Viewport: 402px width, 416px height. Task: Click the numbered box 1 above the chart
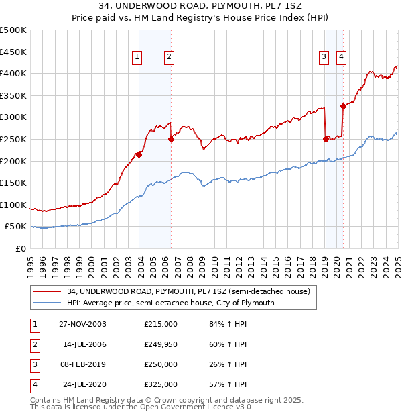[x=137, y=58]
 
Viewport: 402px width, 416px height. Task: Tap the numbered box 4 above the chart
[x=341, y=58]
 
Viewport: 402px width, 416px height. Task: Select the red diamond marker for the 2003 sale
[x=139, y=154]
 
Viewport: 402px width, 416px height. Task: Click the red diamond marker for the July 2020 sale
[x=343, y=106]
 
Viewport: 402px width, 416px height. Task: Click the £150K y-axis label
[x=13, y=183]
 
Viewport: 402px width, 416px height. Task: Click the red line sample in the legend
[x=47, y=292]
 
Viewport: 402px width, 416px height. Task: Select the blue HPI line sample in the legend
[x=47, y=303]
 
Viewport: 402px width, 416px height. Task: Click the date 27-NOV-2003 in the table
[x=82, y=324]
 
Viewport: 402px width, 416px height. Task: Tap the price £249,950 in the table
[x=161, y=344]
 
